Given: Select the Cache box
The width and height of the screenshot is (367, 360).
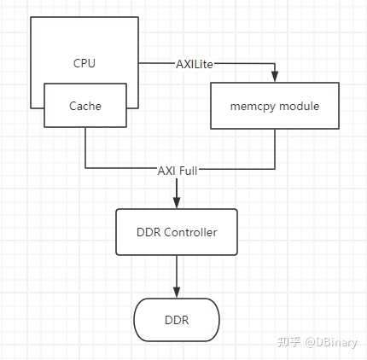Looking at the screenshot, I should [x=84, y=107].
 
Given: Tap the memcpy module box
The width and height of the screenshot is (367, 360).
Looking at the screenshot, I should [x=274, y=106].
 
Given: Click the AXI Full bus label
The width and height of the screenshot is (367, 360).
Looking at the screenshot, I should [x=178, y=168].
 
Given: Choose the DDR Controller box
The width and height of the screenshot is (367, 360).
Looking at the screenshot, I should [x=178, y=232].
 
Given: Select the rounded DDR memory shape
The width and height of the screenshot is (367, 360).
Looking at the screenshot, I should [x=177, y=320].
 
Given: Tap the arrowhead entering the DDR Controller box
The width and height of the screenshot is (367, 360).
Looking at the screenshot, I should [x=178, y=205].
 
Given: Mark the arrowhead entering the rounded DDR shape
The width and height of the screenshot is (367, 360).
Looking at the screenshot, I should [x=178, y=293].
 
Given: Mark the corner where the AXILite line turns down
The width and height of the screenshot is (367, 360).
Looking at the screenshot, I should [x=274, y=62].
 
